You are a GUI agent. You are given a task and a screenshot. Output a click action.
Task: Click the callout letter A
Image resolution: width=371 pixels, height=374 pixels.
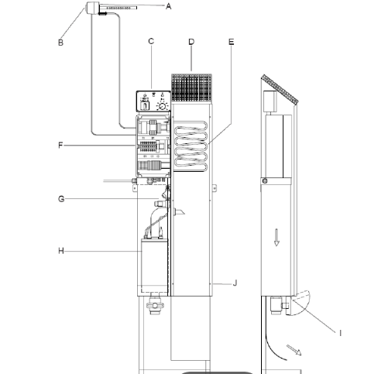(168, 6)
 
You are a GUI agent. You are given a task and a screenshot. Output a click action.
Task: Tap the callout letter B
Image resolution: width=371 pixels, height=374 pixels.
(60, 43)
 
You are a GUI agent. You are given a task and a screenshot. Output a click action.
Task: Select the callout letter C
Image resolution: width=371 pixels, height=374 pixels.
(151, 41)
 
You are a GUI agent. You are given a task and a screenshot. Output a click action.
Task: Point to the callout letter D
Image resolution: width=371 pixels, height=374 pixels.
(191, 42)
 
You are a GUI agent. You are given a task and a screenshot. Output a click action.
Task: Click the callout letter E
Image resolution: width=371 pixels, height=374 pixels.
(232, 42)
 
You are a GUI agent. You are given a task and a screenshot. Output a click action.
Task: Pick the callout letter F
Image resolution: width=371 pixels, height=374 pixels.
(60, 146)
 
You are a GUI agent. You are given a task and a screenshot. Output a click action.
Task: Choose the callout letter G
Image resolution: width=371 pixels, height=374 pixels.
(61, 199)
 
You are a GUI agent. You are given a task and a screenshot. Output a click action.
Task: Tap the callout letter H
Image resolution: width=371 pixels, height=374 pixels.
(61, 251)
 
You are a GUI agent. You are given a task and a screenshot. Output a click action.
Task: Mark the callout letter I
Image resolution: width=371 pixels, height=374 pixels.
(340, 333)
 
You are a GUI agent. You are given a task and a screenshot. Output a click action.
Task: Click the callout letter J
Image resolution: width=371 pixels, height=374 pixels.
(235, 283)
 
